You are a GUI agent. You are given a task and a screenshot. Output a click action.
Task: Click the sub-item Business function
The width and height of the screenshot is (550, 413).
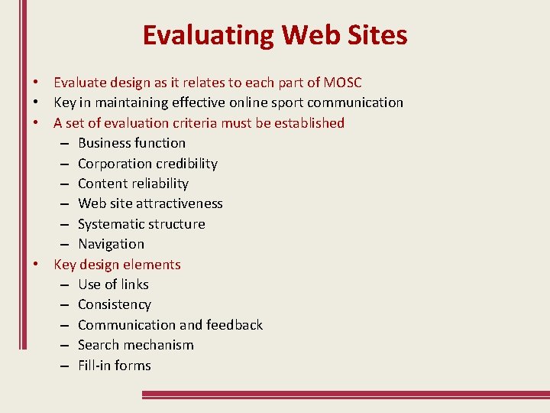[x=131, y=143]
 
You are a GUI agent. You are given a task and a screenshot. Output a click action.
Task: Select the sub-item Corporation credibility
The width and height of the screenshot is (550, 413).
[x=147, y=164]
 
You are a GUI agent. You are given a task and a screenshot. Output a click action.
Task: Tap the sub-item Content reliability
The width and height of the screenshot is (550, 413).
[x=133, y=184]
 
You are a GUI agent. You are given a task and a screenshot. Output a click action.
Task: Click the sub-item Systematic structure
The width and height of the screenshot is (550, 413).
[x=141, y=224]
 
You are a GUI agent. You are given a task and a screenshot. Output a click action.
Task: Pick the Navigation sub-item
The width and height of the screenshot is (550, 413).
[x=111, y=244]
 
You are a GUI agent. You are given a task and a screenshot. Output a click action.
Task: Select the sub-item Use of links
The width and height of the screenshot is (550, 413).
[x=113, y=285]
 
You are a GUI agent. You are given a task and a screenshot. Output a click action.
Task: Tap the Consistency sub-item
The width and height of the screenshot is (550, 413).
[x=115, y=304]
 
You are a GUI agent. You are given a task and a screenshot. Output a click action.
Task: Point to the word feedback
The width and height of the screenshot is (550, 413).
[x=234, y=325]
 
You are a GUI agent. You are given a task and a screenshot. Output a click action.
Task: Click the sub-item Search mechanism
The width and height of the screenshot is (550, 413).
[x=136, y=345]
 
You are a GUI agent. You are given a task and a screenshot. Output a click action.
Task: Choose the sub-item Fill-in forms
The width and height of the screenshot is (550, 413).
[x=115, y=366]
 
